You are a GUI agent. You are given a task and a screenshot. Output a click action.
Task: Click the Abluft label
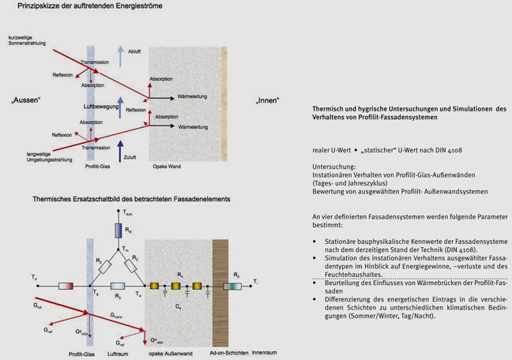[x=134, y=52]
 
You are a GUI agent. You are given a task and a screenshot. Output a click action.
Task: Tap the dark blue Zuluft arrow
[x=120, y=151]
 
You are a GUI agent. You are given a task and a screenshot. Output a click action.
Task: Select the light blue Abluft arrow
[x=120, y=55]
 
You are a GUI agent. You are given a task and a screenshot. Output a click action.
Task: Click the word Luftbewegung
[x=101, y=105]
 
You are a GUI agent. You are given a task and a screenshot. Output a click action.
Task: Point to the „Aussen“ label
[x=26, y=100]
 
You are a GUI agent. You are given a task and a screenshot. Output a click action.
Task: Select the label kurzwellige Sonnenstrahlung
[x=28, y=41]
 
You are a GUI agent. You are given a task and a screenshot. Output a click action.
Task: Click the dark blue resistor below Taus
[x=119, y=231]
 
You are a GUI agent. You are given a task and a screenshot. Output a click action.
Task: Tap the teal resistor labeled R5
[x=234, y=286]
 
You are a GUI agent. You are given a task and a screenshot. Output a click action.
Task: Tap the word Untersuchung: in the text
[x=334, y=167]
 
